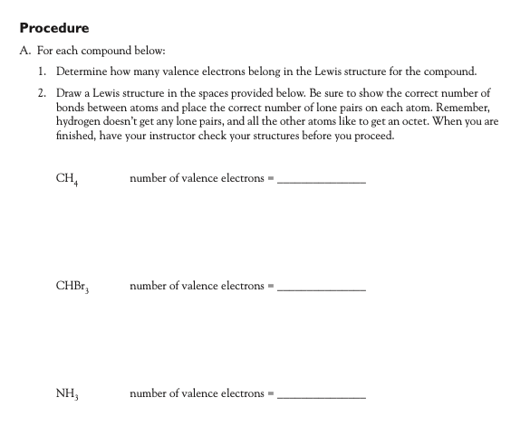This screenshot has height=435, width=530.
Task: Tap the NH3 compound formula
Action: [x=67, y=394]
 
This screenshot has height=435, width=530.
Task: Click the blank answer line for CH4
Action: [x=321, y=182]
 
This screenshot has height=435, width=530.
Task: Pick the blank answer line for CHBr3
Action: [x=321, y=289]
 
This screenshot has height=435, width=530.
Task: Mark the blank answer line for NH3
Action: [x=321, y=397]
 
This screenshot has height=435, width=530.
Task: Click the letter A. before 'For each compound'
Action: [x=25, y=50]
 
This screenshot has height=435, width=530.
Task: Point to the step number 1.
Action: [x=43, y=71]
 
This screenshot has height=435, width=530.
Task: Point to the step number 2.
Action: [x=43, y=93]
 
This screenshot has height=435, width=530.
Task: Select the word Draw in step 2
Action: [x=69, y=93]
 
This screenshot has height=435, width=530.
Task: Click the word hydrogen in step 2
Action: [x=80, y=119]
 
